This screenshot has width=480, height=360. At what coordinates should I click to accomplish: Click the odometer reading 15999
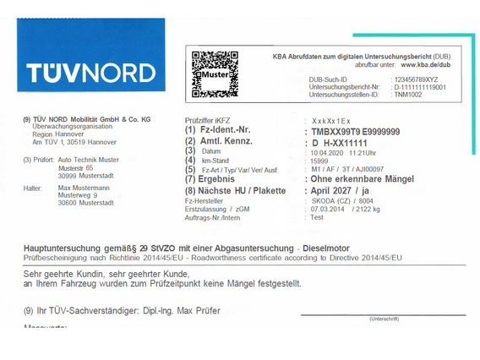click(x=319, y=161)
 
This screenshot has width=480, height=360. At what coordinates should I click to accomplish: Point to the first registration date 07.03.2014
click(x=327, y=208)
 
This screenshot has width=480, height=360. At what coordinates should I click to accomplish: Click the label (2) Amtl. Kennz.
click(x=220, y=141)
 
